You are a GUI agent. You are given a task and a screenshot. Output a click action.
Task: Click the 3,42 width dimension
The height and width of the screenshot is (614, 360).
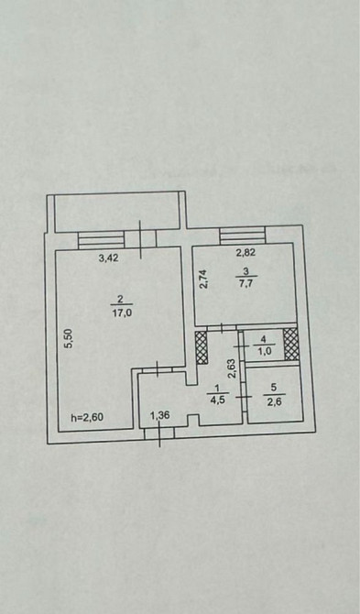pyautogui.click(x=108, y=258)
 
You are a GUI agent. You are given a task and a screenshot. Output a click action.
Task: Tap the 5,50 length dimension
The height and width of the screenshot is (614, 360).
pyautogui.click(x=68, y=338)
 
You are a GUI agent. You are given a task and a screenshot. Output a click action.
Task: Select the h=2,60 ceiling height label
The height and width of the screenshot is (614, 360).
pyautogui.click(x=87, y=417)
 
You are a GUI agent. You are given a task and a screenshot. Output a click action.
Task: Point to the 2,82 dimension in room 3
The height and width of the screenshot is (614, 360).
pyautogui.click(x=245, y=253)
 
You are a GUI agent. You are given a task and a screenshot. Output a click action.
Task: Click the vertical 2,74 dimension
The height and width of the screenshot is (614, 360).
pyautogui.click(x=203, y=279)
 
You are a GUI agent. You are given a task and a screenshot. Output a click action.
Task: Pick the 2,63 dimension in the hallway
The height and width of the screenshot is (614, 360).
pyautogui.click(x=232, y=368)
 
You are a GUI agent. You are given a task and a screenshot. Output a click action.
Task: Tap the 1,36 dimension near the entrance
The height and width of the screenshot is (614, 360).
pyautogui.click(x=160, y=415)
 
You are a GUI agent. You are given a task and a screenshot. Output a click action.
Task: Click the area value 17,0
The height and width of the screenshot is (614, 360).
pyautogui.click(x=121, y=313)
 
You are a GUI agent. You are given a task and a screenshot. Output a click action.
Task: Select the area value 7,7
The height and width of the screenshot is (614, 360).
pyautogui.click(x=245, y=283)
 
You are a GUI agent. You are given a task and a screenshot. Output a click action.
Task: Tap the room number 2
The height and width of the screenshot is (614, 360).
pyautogui.click(x=121, y=299)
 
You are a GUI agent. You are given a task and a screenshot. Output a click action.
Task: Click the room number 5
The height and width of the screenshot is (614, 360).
pyautogui.click(x=274, y=388)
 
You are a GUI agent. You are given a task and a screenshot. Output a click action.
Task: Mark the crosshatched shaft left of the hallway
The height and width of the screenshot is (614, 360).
pyautogui.click(x=201, y=348)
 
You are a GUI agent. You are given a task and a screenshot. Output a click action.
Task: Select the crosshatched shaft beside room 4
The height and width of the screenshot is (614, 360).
pyautogui.click(x=290, y=345)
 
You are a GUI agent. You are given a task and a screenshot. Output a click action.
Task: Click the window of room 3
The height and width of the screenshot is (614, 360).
pyautogui.click(x=243, y=236)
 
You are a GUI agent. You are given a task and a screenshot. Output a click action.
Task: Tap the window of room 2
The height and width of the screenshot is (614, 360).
pyautogui.click(x=102, y=240)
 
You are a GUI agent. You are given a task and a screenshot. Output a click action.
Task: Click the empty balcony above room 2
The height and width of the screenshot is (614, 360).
pyautogui.click(x=116, y=212)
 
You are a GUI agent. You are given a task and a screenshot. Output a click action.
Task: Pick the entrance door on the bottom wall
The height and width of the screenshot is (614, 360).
pyautogui.click(x=159, y=433)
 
